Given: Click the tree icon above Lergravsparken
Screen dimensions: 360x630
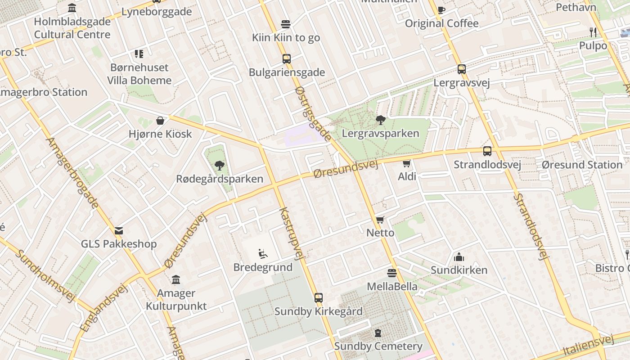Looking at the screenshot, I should pyautogui.click(x=381, y=120).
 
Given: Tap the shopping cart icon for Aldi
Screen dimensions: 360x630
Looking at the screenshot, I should pyautogui.click(x=407, y=163).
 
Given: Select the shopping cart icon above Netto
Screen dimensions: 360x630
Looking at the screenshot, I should pyautogui.click(x=380, y=220).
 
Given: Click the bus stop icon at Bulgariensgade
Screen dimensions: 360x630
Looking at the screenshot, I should pyautogui.click(x=286, y=58).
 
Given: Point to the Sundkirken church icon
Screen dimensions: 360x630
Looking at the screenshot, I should pyautogui.click(x=459, y=257).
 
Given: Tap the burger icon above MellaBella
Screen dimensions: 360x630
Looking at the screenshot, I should pyautogui.click(x=392, y=273).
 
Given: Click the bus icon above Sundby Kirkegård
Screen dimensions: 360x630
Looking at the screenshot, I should pyautogui.click(x=319, y=297).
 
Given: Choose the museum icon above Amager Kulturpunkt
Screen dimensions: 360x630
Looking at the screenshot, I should pyautogui.click(x=176, y=279).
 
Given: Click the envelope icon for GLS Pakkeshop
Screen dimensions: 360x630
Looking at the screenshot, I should pyautogui.click(x=119, y=231).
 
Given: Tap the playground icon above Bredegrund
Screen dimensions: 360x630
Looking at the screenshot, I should pyautogui.click(x=263, y=254).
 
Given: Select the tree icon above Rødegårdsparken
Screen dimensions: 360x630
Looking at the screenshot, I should pyautogui.click(x=220, y=166).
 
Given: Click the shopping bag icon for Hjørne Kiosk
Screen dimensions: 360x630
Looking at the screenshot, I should pyautogui.click(x=160, y=121).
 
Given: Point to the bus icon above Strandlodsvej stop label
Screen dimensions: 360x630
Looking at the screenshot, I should pyautogui.click(x=487, y=151).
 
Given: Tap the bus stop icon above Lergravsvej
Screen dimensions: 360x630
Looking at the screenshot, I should pyautogui.click(x=462, y=69).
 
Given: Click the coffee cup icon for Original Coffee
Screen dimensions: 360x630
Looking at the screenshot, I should pyautogui.click(x=441, y=10).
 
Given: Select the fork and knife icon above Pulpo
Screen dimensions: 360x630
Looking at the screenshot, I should pyautogui.click(x=593, y=32).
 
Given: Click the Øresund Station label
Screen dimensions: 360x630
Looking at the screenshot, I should pyautogui.click(x=582, y=165).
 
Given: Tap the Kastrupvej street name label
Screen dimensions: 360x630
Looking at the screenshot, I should pyautogui.click(x=290, y=234).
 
